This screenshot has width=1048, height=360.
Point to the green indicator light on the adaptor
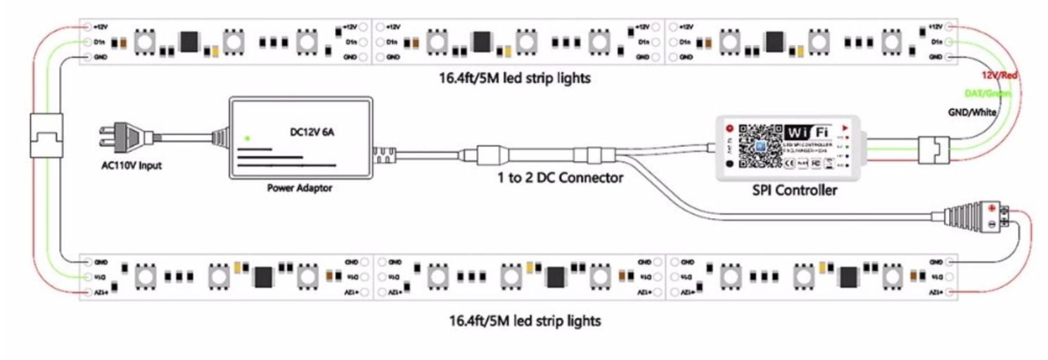coord(248,138)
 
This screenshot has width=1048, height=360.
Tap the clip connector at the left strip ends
coord(46,134)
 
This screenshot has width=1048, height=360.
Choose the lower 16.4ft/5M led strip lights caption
coord(525,321)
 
